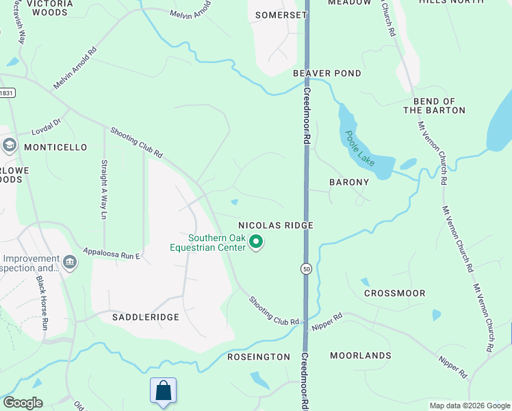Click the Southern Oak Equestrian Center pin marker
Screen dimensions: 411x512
click(257, 242)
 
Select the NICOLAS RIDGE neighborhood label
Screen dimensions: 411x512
click(275, 225)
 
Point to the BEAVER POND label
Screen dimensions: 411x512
click(327, 73)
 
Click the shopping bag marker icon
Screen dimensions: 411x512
click(164, 391)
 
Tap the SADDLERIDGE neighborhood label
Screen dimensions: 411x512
click(146, 317)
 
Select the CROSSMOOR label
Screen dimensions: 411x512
click(394, 293)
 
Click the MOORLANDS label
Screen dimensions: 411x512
click(360, 356)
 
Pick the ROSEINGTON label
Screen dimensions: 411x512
click(259, 357)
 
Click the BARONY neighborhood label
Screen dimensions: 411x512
click(349, 182)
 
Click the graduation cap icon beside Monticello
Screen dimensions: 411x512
click(10, 145)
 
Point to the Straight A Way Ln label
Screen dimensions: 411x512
click(104, 189)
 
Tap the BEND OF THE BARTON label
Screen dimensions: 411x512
click(434, 105)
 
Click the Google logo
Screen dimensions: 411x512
click(23, 403)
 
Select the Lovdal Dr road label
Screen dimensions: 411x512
click(46, 126)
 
